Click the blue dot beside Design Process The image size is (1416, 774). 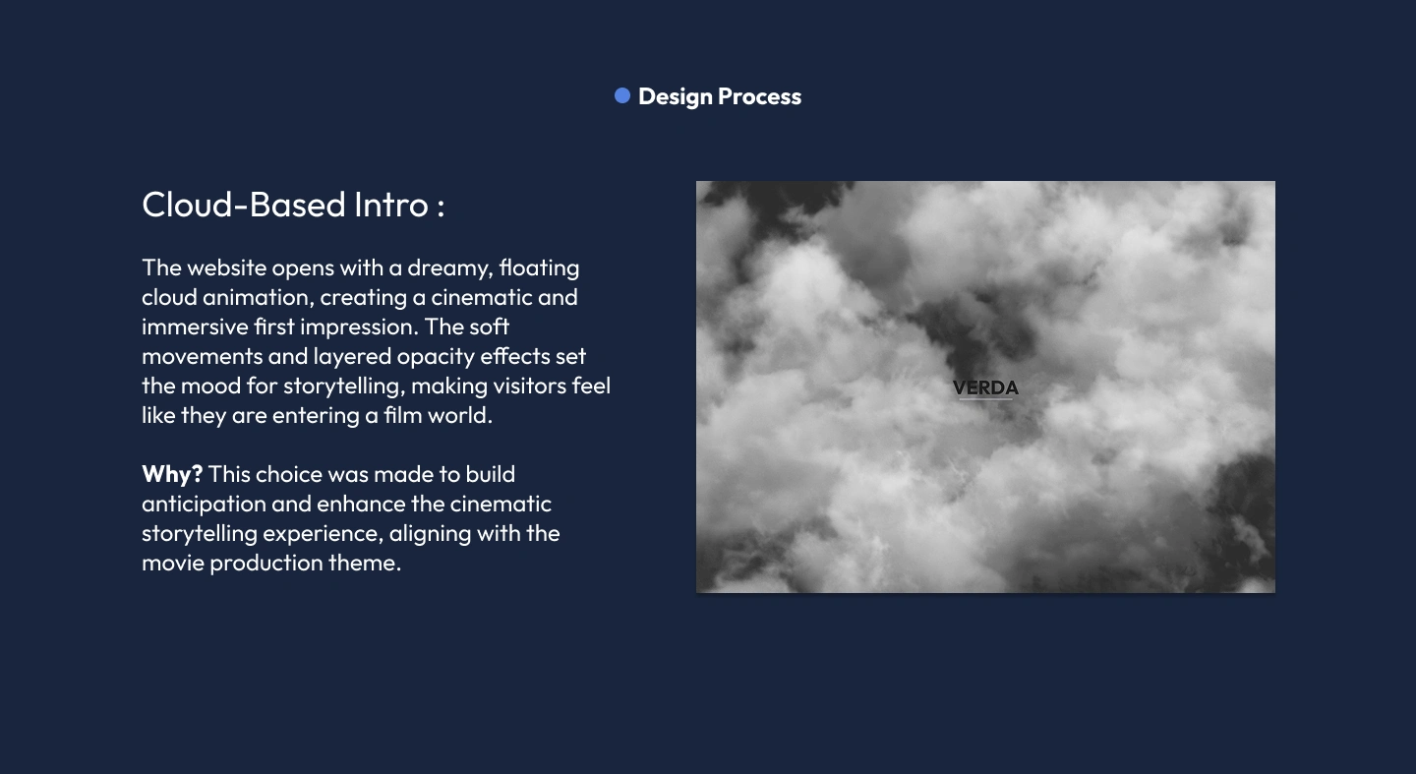tap(622, 95)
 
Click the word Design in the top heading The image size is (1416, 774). tap(676, 96)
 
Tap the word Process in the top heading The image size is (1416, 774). tap(760, 96)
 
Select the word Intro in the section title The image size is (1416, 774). tap(391, 205)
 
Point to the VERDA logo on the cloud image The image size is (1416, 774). tap(985, 387)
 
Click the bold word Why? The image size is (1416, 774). tap(172, 474)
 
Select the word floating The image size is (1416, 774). tap(539, 268)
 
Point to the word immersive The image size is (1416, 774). tap(196, 327)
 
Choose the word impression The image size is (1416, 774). tap(359, 327)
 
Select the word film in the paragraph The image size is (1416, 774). tap(403, 415)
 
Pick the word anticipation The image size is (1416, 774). tap(204, 505)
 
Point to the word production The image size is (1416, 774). tap(266, 564)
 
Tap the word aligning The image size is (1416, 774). tap(430, 534)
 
